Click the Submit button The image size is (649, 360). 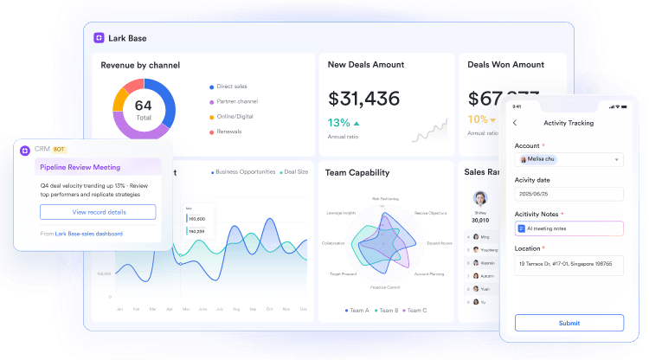tap(569, 323)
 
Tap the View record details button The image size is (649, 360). tap(98, 212)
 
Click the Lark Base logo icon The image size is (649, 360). tap(100, 38)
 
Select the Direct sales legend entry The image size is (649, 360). tap(230, 87)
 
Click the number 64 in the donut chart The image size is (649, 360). tap(144, 106)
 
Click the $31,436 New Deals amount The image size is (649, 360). tap(363, 99)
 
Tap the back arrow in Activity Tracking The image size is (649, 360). tap(516, 123)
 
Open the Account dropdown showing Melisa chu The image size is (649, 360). tap(569, 159)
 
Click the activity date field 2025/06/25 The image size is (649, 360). tap(569, 194)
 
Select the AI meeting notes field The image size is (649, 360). tap(569, 228)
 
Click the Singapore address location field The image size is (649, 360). tap(569, 264)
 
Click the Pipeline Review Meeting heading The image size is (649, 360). tap(80, 167)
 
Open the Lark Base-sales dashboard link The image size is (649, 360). tap(88, 234)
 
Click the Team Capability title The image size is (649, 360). tap(357, 172)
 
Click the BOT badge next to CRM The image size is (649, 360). tap(60, 150)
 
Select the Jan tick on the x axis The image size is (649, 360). tap(119, 309)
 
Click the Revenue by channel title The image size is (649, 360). tap(141, 65)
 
